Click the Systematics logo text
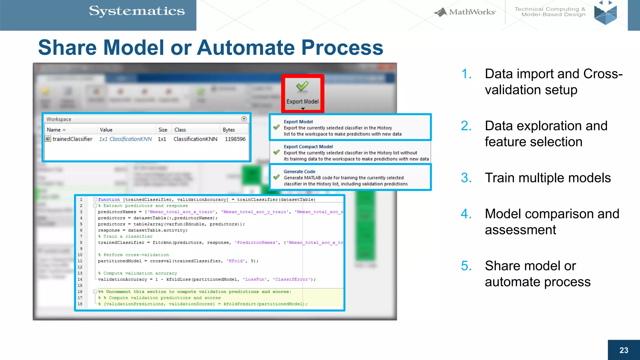coord(137,11)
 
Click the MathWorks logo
coord(465,12)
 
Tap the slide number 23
coord(623,350)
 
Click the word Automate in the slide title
coord(247,47)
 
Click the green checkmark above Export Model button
coord(302,86)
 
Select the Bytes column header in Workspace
coord(228,130)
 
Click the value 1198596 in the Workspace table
coord(235,139)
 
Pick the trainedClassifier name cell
coord(72,139)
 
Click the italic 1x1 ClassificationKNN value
coord(125,139)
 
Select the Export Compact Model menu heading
coord(308,147)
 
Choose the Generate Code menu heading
coord(299,172)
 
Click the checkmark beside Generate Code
coord(277,177)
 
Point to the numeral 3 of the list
coord(466,178)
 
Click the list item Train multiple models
coord(547,178)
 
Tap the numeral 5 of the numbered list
coord(466,266)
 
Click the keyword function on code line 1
coord(109,199)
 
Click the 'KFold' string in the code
coord(237,261)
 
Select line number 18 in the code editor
coord(80,304)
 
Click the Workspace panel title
coord(59,119)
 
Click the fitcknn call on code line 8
coord(162,242)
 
